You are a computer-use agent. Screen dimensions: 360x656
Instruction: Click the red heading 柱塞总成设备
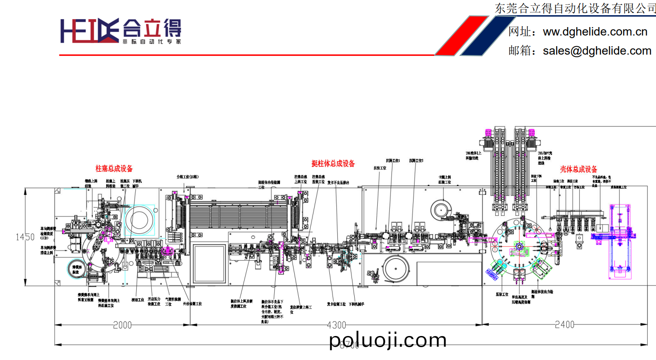(114, 169)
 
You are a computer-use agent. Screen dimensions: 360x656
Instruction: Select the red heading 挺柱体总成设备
(333, 163)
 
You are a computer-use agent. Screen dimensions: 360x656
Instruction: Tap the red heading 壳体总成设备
(578, 169)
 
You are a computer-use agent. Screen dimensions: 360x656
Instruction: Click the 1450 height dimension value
(25, 237)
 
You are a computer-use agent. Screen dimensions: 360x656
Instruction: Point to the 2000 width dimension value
(122, 325)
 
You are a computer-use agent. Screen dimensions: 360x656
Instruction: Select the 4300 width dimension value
(336, 325)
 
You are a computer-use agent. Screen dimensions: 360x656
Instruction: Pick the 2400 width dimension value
(565, 325)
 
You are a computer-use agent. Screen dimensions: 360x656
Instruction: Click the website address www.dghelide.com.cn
(595, 32)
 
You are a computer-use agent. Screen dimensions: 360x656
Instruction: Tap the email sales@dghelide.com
(597, 51)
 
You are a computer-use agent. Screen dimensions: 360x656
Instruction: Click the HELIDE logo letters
(89, 31)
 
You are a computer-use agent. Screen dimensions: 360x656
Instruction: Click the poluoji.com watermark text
(388, 340)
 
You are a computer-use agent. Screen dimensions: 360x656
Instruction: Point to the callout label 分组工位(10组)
(187, 177)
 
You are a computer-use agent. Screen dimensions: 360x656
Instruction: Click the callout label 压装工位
(502, 294)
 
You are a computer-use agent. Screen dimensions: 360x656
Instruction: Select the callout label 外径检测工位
(192, 304)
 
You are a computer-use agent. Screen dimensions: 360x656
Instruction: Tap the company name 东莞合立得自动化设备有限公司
(575, 8)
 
